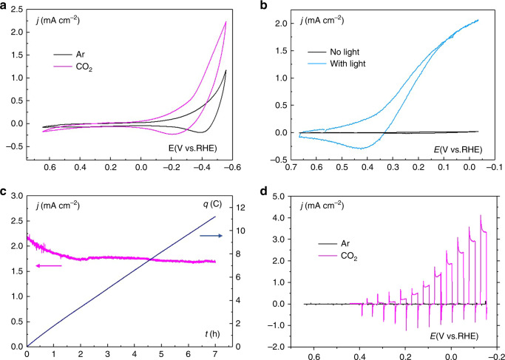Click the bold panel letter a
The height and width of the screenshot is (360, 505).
click(x=4, y=6)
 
